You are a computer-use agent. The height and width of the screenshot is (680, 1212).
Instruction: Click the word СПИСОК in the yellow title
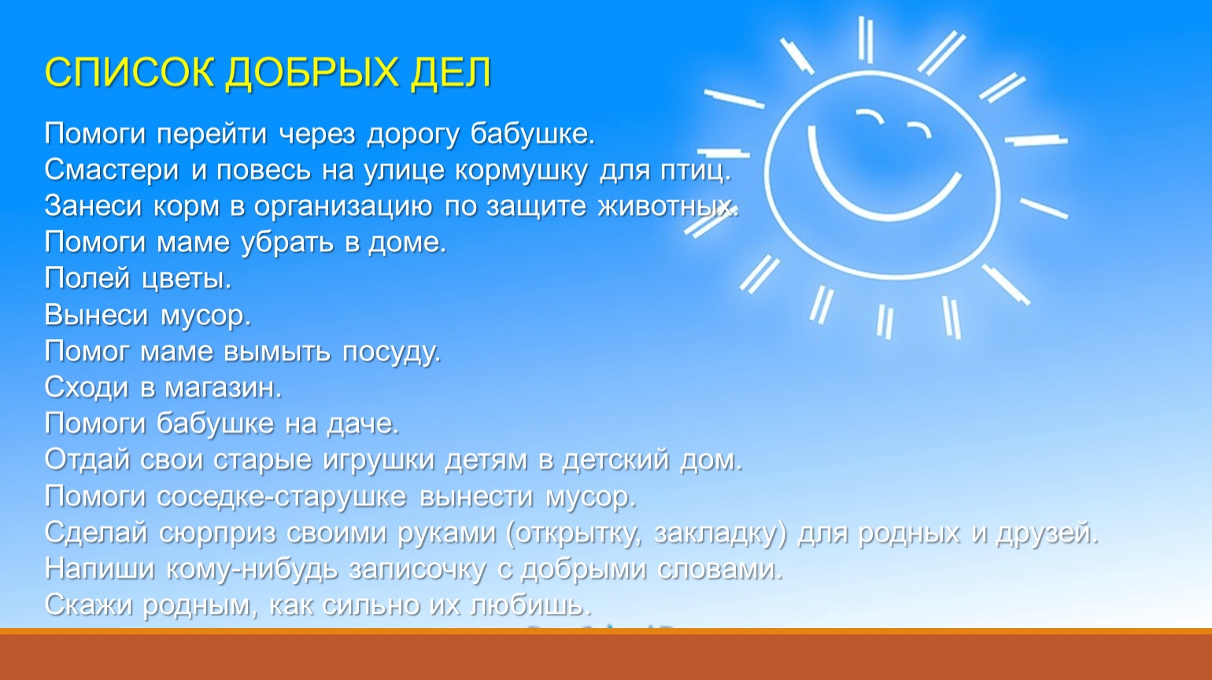(x=129, y=72)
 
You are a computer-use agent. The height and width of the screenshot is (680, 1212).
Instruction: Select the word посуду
(x=392, y=353)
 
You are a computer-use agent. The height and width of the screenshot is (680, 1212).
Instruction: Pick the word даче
(x=363, y=424)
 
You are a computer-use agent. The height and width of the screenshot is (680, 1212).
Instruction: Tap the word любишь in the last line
(x=530, y=605)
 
